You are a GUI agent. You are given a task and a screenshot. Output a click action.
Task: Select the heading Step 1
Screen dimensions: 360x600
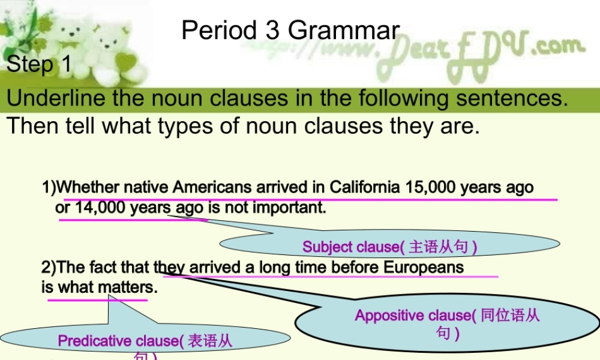click(39, 64)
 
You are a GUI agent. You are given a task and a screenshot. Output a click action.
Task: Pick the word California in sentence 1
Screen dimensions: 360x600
click(364, 187)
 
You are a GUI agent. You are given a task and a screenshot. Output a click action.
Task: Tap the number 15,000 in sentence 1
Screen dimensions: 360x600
click(431, 187)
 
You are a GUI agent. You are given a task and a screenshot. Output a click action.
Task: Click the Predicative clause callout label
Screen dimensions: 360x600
click(121, 341)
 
